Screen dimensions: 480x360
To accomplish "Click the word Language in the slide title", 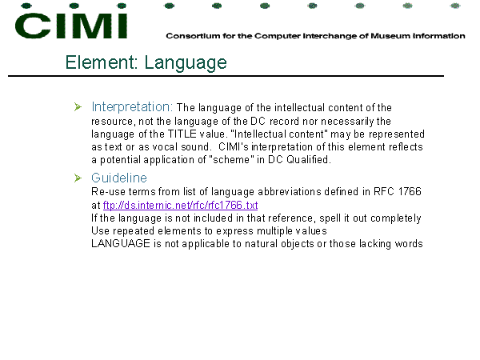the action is click(186, 63).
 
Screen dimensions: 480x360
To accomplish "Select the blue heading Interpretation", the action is click(132, 107).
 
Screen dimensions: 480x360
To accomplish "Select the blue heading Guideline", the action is click(119, 178).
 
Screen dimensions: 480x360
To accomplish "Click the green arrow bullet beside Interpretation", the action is click(78, 107).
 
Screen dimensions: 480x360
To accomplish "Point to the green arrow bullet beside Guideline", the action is click(78, 178).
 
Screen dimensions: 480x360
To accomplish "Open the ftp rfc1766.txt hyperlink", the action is click(180, 205).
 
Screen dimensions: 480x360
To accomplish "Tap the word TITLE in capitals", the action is click(182, 134).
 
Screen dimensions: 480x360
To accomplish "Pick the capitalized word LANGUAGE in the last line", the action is click(121, 243).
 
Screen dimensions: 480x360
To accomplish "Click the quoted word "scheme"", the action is click(231, 159).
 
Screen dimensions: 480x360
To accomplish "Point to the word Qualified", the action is click(309, 159).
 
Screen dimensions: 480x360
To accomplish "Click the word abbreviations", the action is click(290, 191).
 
